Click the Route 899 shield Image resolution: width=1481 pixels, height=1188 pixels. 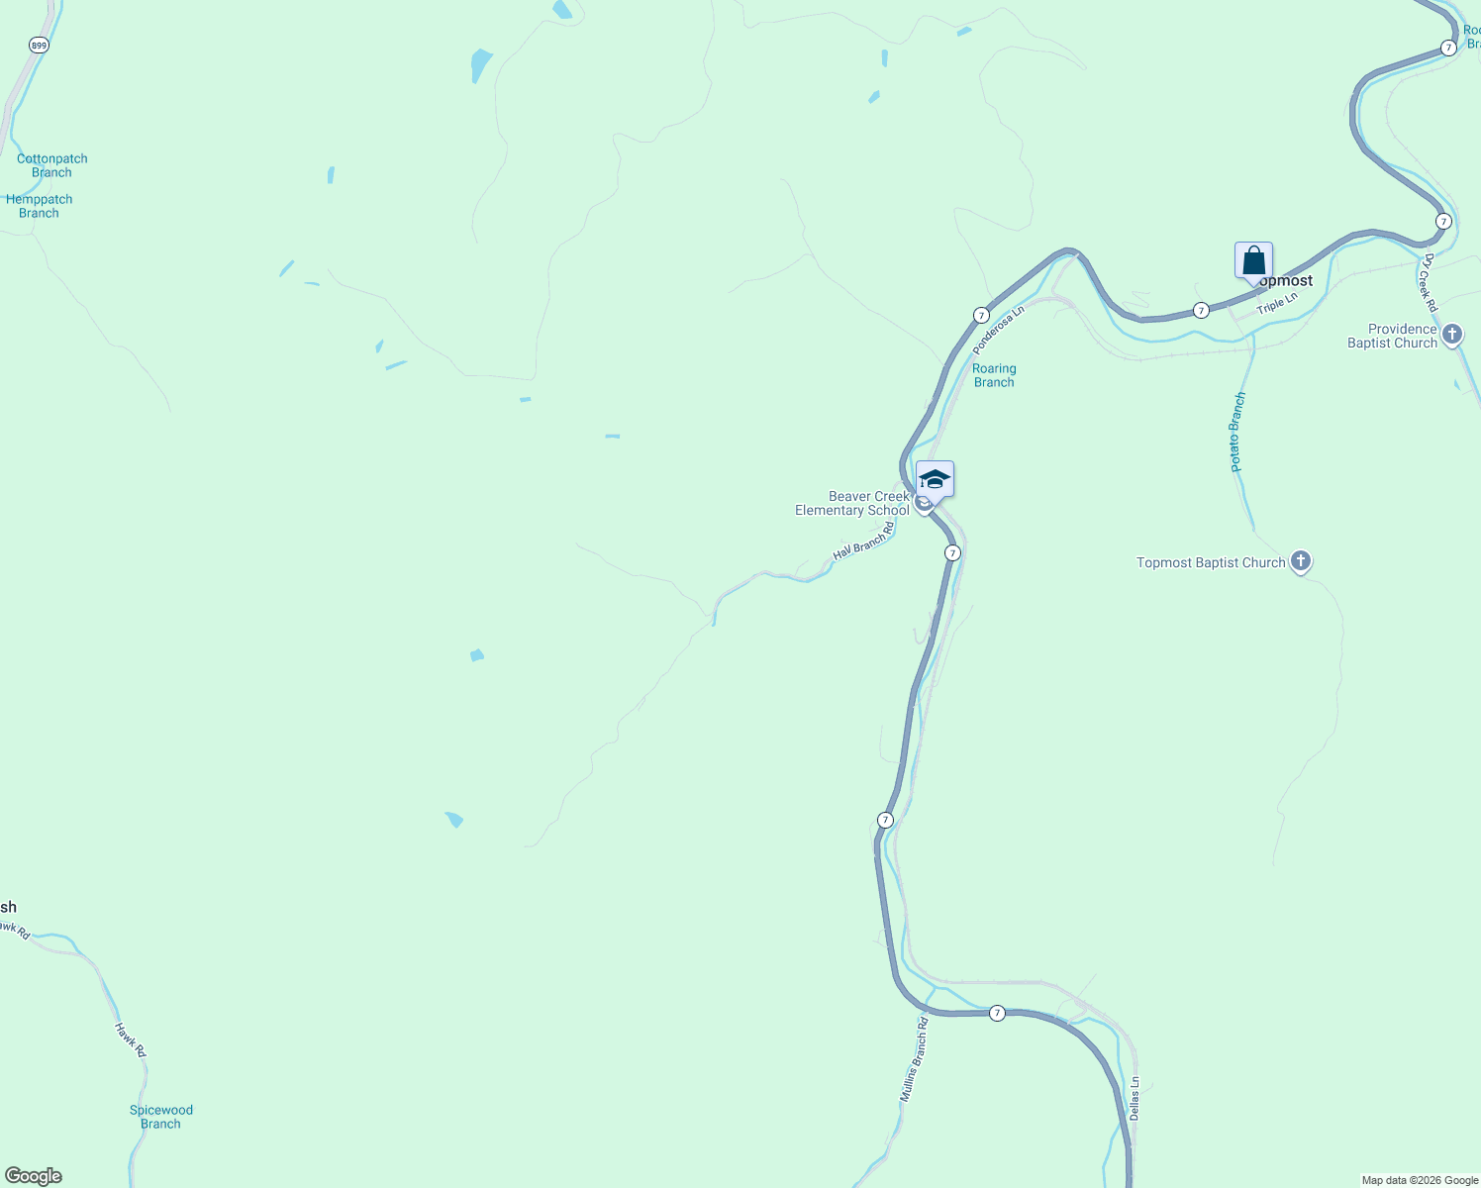[39, 46]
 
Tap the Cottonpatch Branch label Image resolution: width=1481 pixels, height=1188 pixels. [51, 165]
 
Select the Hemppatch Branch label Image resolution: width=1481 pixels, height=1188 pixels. [40, 206]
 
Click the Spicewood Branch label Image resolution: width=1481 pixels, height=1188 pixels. [160, 1117]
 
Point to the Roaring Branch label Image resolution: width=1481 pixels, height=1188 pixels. [994, 375]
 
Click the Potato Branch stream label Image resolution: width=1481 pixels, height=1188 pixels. [1237, 432]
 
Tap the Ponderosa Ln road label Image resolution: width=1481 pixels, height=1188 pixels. [998, 330]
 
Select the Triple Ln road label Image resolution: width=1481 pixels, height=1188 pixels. [1277, 304]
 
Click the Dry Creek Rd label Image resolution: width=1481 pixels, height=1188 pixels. [1429, 277]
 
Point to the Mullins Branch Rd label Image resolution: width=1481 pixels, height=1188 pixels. [914, 1059]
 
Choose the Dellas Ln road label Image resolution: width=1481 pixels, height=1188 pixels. [1135, 1098]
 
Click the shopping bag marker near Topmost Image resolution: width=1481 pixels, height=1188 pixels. [1253, 261]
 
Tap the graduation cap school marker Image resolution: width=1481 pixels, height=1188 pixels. [935, 480]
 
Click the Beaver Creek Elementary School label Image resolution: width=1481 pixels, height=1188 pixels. [852, 504]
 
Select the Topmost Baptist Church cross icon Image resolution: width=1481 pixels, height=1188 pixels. [1301, 562]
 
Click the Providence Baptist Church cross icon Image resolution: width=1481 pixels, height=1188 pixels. [1452, 335]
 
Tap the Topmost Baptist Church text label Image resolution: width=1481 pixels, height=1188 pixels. [1210, 563]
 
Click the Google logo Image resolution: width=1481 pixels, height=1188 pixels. [34, 1176]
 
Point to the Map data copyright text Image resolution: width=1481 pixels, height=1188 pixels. [1420, 1180]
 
